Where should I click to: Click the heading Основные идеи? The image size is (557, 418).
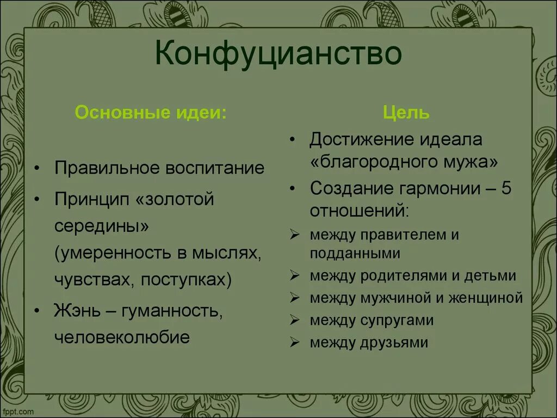point(151,113)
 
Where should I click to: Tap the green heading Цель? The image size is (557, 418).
point(406,113)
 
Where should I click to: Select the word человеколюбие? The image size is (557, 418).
point(122,337)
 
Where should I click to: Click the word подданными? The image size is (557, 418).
point(355,253)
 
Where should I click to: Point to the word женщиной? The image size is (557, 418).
point(491,298)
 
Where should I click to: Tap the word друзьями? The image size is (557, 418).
point(400,342)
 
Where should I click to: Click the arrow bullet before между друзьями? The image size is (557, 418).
point(295,343)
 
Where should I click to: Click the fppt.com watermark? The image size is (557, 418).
point(18,412)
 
